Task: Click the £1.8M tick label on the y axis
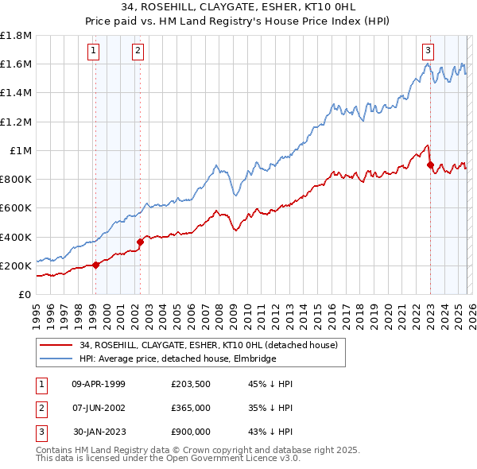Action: pos(16,36)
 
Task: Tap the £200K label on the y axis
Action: pos(16,266)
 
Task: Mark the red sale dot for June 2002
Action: pos(140,242)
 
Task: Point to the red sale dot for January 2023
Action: pos(430,165)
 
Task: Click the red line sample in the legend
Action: pos(56,345)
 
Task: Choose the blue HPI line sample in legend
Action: pos(56,359)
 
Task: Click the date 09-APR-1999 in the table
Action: pos(99,384)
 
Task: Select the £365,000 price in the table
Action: pos(190,408)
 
